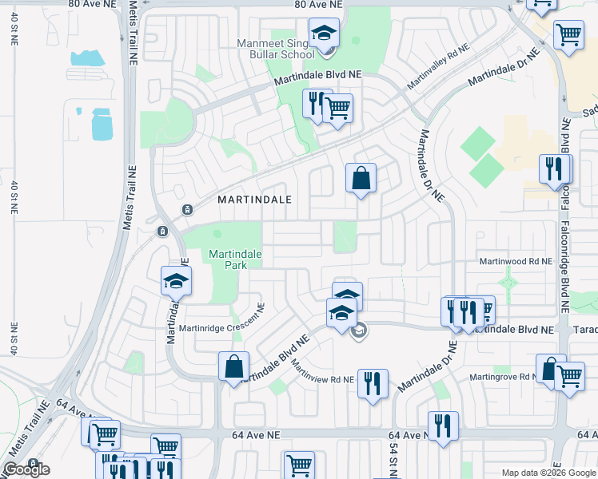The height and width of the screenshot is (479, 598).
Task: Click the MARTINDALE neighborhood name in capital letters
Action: [x=250, y=199]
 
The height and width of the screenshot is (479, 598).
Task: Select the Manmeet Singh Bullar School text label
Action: [x=276, y=48]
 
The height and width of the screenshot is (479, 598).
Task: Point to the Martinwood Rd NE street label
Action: [x=515, y=261]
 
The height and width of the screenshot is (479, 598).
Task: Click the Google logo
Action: [x=26, y=469]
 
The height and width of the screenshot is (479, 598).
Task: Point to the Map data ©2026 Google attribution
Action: [x=548, y=473]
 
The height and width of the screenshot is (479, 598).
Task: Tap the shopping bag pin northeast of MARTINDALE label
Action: [x=361, y=178]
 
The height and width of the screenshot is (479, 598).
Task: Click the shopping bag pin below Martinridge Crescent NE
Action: [x=233, y=366]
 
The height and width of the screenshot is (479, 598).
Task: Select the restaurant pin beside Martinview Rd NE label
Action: [x=373, y=383]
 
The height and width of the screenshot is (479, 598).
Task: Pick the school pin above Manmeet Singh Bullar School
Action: [x=325, y=34]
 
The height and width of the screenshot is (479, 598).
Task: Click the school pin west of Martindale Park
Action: [x=177, y=281]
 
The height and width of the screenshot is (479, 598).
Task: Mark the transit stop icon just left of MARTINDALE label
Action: [x=187, y=210]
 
